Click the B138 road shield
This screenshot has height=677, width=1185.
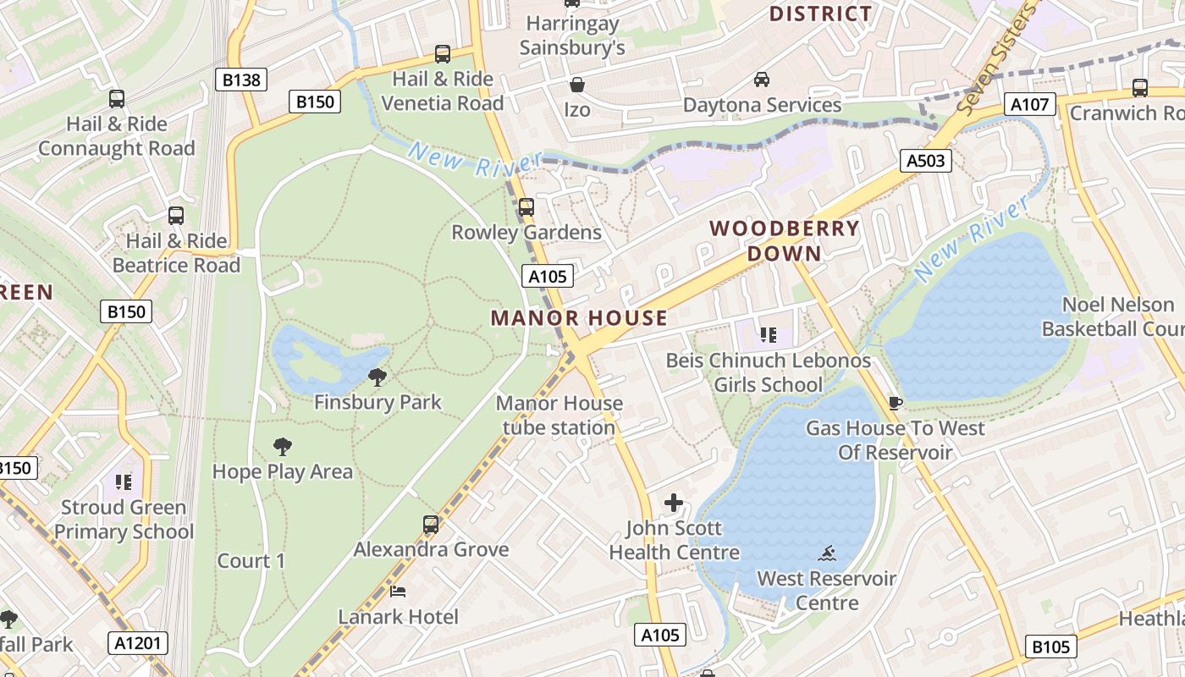pos(241,80)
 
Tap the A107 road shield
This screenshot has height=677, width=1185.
pos(1030,105)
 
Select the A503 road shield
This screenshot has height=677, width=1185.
pos(925,161)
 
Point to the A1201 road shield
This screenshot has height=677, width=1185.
pos(139,643)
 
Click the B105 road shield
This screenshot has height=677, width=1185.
pos(1050,647)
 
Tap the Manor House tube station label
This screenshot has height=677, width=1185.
pos(559,416)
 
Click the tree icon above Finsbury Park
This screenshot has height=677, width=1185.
pos(378,377)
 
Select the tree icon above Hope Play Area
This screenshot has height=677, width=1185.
pos(283,447)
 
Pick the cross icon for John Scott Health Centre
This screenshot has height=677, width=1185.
pos(674,504)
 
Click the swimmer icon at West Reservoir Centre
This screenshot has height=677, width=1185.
pos(827,554)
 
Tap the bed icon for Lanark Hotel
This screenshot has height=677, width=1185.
pos(398,592)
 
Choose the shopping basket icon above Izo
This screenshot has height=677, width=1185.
pos(577,85)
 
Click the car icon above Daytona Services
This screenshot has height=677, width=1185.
pos(762,80)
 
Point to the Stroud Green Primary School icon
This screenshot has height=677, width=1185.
pos(124,482)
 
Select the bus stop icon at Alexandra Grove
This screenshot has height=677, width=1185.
pos(431,525)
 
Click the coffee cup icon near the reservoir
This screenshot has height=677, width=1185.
pos(896,403)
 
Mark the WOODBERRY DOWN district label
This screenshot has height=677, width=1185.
pos(785,241)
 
